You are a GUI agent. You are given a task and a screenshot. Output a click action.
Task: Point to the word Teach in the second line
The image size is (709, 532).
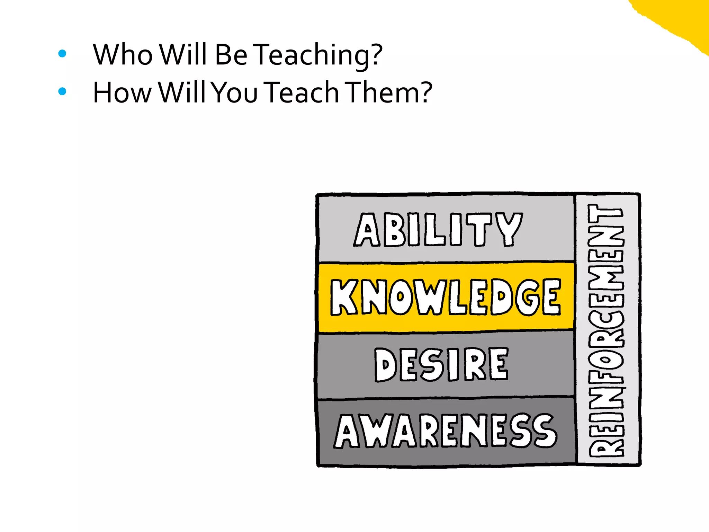(x=303, y=93)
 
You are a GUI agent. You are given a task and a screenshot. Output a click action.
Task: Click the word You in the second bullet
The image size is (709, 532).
(x=235, y=93)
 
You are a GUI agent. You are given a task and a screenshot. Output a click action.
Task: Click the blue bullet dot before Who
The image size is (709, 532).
(x=62, y=53)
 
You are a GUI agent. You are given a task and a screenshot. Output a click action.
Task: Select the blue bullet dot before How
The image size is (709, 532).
(x=62, y=91)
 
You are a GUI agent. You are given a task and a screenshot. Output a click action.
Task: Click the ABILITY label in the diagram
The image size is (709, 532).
(x=438, y=230)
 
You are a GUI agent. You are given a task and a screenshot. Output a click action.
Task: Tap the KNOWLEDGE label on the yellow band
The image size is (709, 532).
(x=446, y=297)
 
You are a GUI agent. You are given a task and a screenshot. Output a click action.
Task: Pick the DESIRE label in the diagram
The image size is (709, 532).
(x=441, y=364)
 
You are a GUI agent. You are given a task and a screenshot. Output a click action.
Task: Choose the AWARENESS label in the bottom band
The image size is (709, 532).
(x=446, y=431)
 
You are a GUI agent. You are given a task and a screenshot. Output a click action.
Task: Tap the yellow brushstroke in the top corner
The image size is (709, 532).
(x=679, y=17)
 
